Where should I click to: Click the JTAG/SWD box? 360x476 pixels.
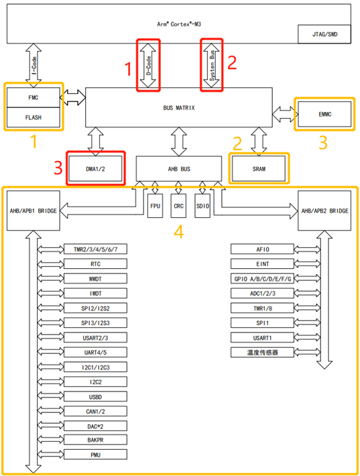click(x=324, y=34)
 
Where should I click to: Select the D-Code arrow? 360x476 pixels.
click(x=148, y=65)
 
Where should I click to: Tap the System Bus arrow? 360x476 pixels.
click(x=212, y=65)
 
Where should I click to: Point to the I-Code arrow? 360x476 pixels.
click(x=34, y=66)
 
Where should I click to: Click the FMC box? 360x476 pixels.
click(x=34, y=97)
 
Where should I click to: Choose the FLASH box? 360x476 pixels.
click(x=34, y=117)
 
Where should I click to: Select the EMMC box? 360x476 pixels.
click(x=324, y=114)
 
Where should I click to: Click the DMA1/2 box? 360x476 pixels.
click(x=95, y=169)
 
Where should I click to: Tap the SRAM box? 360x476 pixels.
click(x=259, y=169)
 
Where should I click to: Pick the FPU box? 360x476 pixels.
click(x=155, y=206)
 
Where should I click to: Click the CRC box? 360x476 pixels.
click(x=178, y=206)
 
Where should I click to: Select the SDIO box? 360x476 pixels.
click(x=202, y=206)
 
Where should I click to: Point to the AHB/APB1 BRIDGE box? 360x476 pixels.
click(x=34, y=211)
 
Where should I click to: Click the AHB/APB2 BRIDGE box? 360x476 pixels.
click(x=324, y=211)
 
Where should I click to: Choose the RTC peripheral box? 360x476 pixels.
click(x=95, y=263)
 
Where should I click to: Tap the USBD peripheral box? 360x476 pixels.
click(x=95, y=397)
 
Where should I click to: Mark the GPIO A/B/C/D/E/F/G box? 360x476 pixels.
click(x=262, y=278)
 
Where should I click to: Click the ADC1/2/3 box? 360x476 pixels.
click(x=262, y=293)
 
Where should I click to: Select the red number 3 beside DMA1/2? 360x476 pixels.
click(x=58, y=168)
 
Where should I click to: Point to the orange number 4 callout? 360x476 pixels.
click(x=178, y=232)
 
